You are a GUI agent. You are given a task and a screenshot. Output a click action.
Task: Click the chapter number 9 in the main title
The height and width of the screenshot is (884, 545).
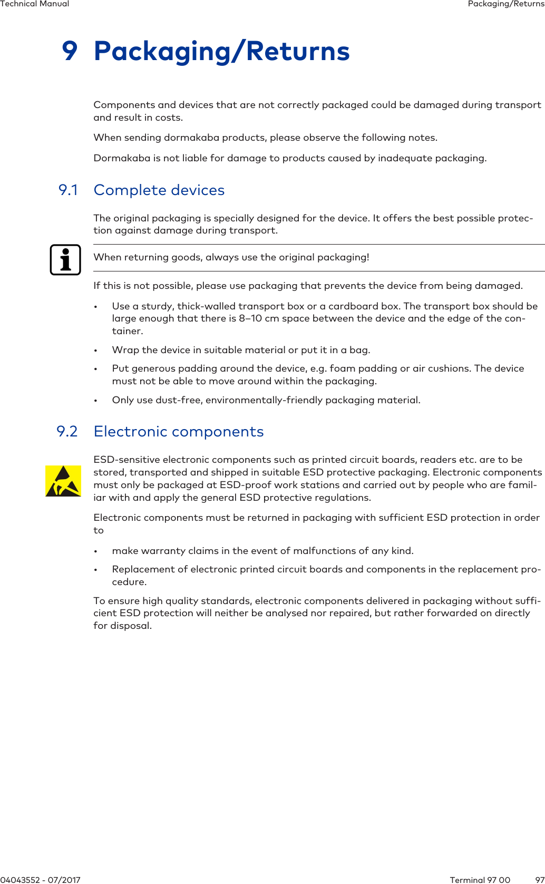point(70,51)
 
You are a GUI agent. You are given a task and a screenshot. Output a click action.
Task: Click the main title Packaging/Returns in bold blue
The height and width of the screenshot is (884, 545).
point(221,52)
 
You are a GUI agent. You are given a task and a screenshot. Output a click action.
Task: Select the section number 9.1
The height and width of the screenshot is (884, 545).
point(68,190)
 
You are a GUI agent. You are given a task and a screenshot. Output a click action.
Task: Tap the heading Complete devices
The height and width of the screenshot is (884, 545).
point(159,190)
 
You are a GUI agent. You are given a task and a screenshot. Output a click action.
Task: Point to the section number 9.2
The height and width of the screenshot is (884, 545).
point(67,432)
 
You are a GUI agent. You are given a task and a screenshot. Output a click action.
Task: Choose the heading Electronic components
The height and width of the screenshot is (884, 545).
point(178,432)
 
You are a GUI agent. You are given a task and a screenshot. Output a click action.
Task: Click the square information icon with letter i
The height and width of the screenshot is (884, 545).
point(65,260)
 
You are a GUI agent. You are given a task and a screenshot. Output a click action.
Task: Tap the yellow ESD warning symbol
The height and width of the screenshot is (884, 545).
point(63,481)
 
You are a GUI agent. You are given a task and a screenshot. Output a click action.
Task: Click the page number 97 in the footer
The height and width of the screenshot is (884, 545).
point(539,879)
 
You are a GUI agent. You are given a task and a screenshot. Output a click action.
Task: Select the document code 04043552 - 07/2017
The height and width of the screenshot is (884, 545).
point(40,879)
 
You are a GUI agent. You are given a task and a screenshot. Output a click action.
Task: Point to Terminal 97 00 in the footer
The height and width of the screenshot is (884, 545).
point(480,879)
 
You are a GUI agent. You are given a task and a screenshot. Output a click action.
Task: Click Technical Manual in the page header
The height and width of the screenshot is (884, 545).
point(34,4)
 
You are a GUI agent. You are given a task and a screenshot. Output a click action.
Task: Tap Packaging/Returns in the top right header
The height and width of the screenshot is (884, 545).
point(505,4)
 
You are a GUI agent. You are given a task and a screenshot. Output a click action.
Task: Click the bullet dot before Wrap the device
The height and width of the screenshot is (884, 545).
point(95,351)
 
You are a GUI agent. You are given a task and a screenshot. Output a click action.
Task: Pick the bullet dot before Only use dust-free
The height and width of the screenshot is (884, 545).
point(95,401)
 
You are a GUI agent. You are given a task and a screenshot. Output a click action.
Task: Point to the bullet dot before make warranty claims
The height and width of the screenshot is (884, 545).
point(95,551)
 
